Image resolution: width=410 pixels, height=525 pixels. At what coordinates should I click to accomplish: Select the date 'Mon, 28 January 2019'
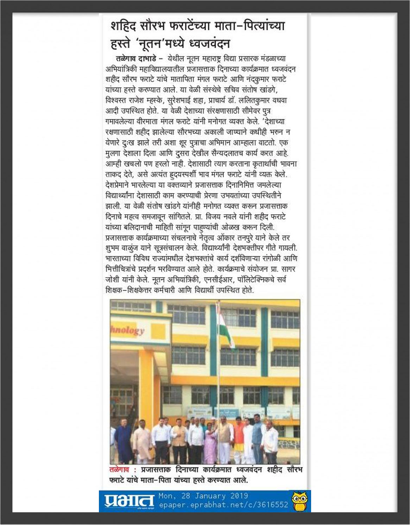(x=203, y=496)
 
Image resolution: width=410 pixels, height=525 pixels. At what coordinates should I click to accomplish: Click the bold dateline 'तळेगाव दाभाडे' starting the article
(x=135, y=58)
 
